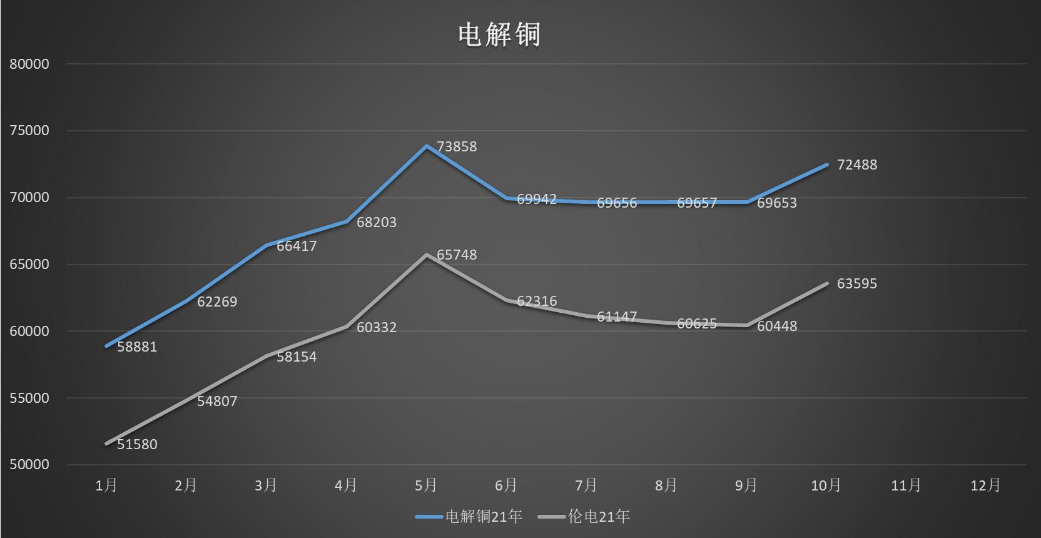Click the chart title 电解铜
[499, 34]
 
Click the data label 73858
[457, 147]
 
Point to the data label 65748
[457, 255]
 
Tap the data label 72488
[857, 165]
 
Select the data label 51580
[137, 445]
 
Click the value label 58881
[137, 347]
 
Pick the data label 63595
[857, 284]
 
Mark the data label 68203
[377, 223]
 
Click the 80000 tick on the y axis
[29, 64]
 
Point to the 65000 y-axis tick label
[29, 265]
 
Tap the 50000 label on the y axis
[29, 465]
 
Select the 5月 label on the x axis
[426, 485]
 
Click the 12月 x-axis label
[985, 485]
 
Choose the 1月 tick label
[106, 485]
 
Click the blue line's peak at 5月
[427, 146]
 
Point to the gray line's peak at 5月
[427, 255]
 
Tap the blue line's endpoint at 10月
[826, 165]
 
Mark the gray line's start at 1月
[106, 444]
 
